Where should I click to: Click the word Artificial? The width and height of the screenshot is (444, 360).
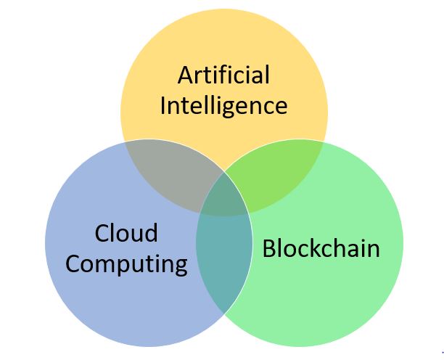tap(223, 75)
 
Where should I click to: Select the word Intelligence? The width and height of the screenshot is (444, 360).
tap(223, 106)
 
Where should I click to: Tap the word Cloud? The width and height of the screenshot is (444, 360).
tap(126, 233)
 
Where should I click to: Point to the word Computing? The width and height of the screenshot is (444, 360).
tap(126, 264)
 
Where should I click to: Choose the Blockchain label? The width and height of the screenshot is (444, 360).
tap(321, 249)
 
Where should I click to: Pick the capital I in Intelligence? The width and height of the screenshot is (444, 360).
tap(163, 106)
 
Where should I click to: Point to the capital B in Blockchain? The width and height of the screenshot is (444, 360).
tap(269, 249)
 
